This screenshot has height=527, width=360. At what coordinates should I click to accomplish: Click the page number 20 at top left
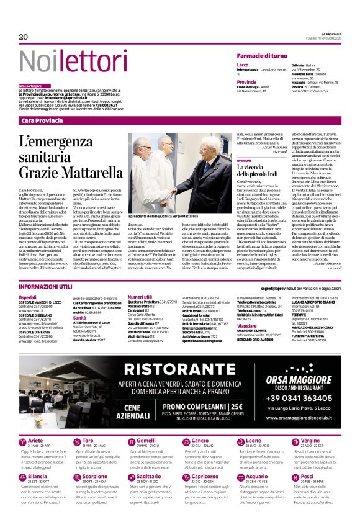(24, 37)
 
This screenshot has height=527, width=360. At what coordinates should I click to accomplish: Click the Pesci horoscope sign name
(307, 475)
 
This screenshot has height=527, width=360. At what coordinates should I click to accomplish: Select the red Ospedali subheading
(28, 297)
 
